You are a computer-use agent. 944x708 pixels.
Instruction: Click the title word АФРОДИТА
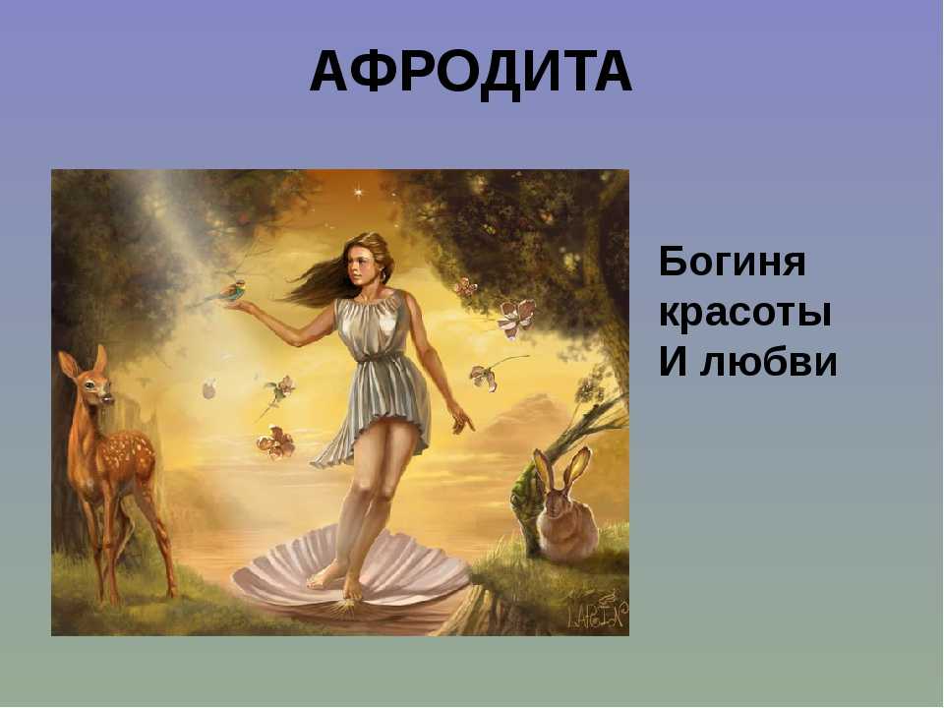471,72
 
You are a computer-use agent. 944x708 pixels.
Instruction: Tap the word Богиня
732,262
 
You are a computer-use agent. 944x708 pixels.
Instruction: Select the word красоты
745,314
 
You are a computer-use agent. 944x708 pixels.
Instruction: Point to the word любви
769,363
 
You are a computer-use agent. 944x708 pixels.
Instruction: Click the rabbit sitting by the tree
564,508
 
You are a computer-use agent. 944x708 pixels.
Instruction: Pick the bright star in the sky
360,193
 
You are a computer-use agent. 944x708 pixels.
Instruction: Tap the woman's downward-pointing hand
462,418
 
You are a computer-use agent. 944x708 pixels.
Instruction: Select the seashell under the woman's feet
352,569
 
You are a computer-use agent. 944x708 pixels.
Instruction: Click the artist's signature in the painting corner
596,613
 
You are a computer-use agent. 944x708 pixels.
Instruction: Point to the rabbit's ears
561,469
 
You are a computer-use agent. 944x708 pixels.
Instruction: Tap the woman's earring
383,274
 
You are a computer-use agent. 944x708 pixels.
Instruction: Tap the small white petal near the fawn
208,389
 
